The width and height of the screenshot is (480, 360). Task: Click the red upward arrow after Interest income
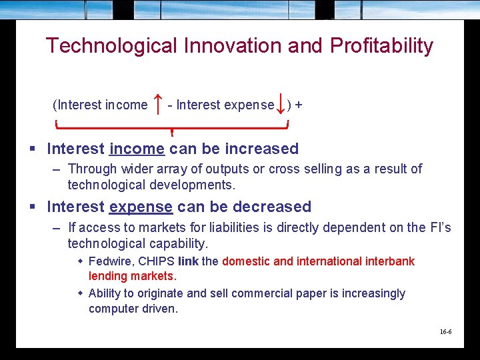[x=157, y=103]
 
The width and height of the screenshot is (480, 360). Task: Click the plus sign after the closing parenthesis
[x=298, y=105]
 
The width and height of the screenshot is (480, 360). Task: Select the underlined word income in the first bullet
[x=137, y=149]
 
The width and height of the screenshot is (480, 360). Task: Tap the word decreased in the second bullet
[x=273, y=207]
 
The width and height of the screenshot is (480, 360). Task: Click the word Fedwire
[x=111, y=261]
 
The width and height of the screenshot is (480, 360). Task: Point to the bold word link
[x=188, y=261]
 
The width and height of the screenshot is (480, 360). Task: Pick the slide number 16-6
[x=445, y=331]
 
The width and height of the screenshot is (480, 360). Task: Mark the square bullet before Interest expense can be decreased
[x=32, y=207]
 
